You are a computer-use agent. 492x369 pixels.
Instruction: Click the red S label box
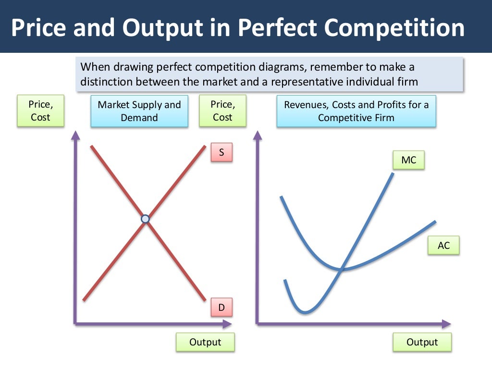point(221,153)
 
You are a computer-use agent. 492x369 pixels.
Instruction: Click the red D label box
point(221,307)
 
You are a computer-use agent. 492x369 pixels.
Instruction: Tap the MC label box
point(408,160)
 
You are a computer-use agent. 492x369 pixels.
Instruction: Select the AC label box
point(443,246)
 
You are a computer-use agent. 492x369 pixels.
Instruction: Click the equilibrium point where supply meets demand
point(145,219)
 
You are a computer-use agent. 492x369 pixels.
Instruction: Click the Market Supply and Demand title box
point(139,111)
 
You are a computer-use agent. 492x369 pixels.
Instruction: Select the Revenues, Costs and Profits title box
point(356,111)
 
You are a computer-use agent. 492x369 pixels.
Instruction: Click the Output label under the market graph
point(205,342)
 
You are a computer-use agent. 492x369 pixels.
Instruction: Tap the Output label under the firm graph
point(422,342)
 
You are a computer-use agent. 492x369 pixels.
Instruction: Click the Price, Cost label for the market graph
point(40,111)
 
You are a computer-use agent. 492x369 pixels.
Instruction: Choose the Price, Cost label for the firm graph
point(222,111)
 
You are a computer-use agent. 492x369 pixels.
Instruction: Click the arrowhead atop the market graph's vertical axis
point(75,135)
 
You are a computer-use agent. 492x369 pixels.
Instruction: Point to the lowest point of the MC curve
point(304,313)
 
